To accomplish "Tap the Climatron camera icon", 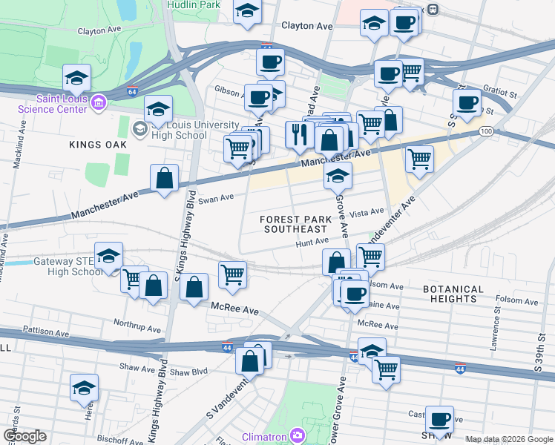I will coord(297,435).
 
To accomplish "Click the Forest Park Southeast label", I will coord(295,224).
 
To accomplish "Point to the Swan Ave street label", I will coord(217,198).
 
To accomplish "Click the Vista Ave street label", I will coord(367,212).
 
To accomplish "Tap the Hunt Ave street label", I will coord(312,241).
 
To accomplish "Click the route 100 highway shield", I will coord(486,131).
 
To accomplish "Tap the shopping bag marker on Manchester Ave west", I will coord(164,179).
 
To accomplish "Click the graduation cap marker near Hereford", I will coord(84,388).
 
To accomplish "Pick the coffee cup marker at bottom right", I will coord(440,419).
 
